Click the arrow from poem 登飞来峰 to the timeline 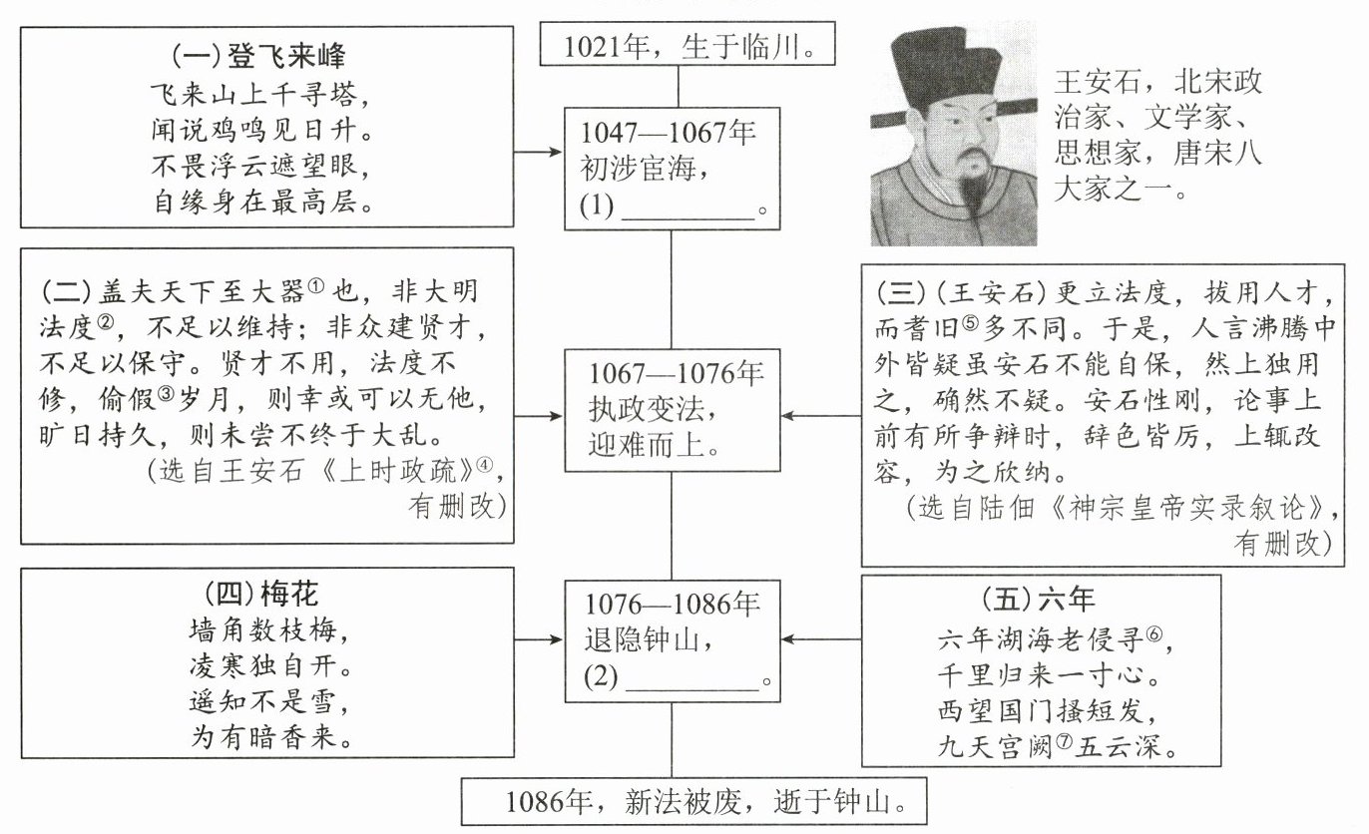[x=539, y=153]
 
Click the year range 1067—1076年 [x=676, y=375]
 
